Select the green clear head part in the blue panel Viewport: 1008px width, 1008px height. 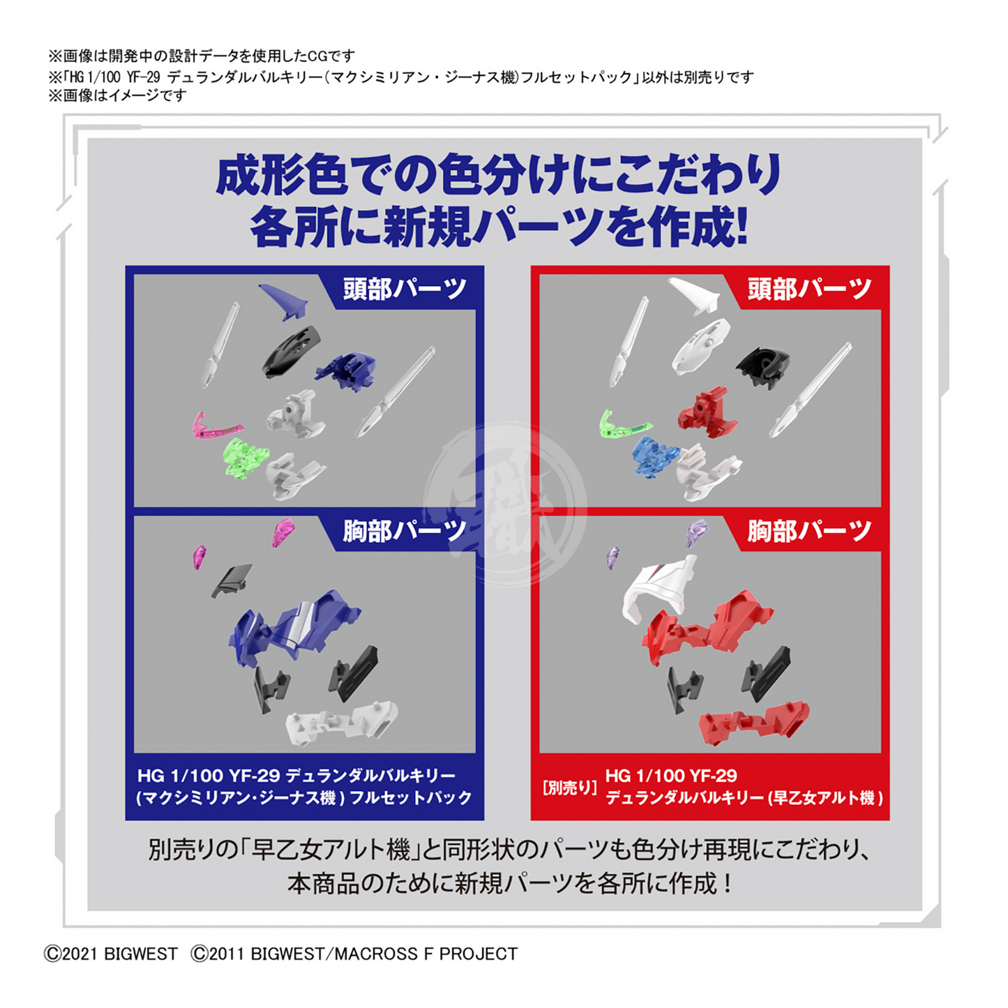(x=246, y=456)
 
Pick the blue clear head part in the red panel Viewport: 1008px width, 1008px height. (x=655, y=456)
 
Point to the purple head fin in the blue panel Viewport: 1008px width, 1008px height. (x=283, y=301)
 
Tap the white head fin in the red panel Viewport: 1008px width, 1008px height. (x=693, y=296)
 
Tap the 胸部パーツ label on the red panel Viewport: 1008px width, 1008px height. (x=809, y=531)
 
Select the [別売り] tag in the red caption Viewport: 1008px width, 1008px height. (x=570, y=788)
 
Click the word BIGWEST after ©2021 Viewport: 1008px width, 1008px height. (x=141, y=954)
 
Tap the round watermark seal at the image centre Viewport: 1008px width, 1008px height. (x=505, y=505)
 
